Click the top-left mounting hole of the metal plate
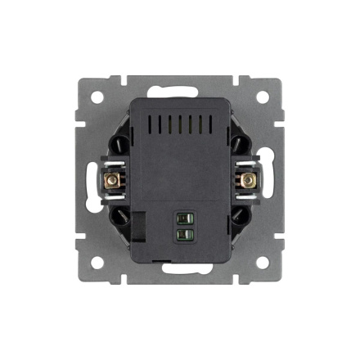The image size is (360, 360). click(97, 97)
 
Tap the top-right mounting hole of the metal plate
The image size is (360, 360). click(262, 97)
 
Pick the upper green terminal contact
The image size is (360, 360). click(186, 219)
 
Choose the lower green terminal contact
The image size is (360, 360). click(186, 235)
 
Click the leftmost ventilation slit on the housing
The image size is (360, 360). click(150, 125)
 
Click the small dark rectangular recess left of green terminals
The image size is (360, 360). click(138, 224)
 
